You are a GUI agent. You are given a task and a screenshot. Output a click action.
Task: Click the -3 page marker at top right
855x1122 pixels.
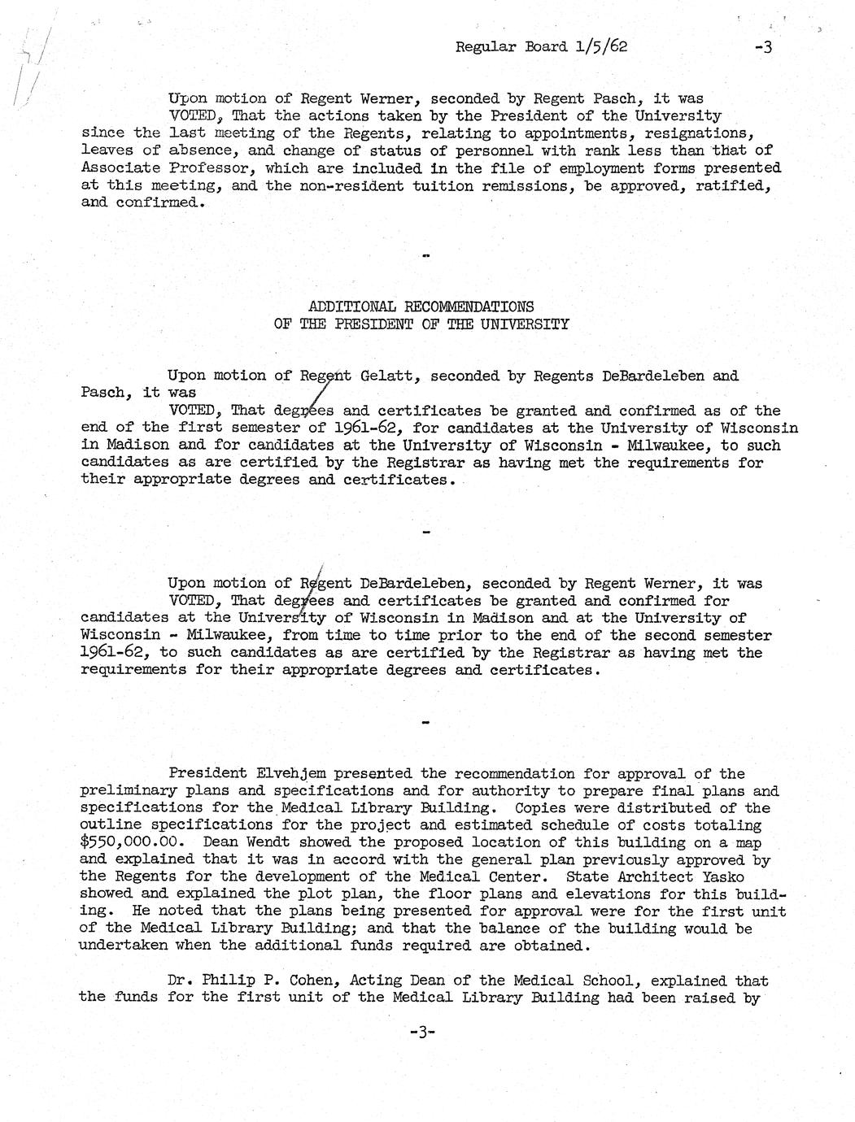(x=762, y=47)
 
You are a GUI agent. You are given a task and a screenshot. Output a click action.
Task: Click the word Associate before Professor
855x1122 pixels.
(x=121, y=168)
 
